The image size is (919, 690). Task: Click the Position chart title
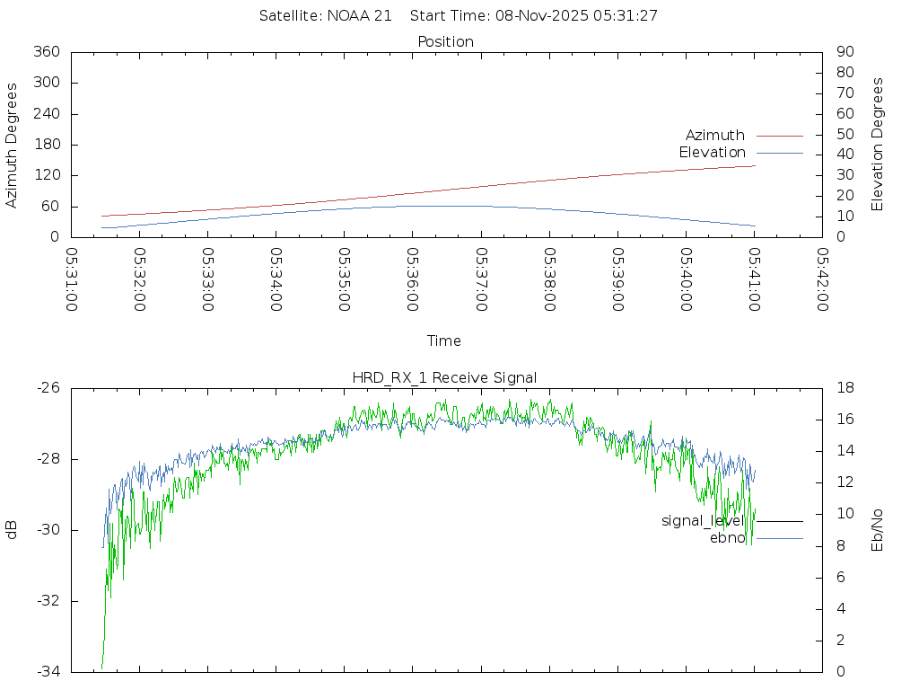(445, 41)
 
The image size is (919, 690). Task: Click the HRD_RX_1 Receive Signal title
(445, 377)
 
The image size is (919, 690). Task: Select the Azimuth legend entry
(715, 136)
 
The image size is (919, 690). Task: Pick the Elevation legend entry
(712, 153)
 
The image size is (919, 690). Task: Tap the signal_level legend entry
(702, 521)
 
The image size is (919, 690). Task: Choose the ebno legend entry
(727, 538)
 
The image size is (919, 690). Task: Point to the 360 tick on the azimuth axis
(47, 52)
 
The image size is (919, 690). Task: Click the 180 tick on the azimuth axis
(47, 145)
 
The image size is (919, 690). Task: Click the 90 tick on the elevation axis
(844, 52)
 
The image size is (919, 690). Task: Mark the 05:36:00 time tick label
(412, 279)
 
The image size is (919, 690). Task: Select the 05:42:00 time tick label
(822, 279)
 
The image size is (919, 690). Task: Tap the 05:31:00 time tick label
(72, 279)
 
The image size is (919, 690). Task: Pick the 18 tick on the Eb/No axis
(845, 388)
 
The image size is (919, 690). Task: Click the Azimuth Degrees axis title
(13, 145)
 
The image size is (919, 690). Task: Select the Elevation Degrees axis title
(878, 145)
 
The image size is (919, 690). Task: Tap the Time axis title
(444, 341)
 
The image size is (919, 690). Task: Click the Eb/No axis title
(878, 530)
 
